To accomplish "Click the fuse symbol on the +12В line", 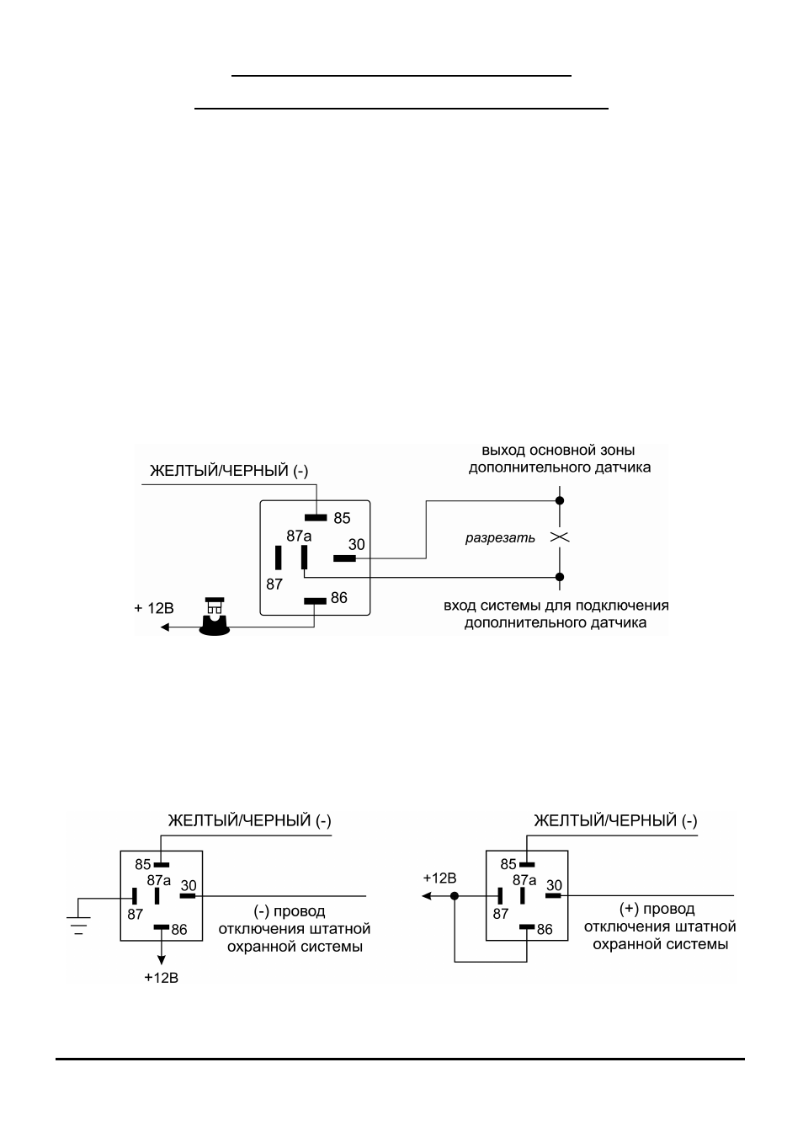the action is click(x=215, y=617).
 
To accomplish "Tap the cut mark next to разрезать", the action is click(x=560, y=537).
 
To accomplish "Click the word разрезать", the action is click(x=500, y=538).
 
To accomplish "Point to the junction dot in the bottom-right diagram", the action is click(x=455, y=896).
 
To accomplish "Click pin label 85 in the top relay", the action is click(x=342, y=518).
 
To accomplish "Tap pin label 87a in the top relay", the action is click(x=299, y=536).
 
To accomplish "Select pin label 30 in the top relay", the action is click(x=357, y=545).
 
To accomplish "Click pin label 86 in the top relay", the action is click(x=339, y=598).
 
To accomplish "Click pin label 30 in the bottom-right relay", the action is click(x=554, y=885).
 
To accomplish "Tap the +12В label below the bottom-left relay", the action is click(x=162, y=977).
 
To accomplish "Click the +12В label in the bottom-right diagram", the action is click(x=440, y=878).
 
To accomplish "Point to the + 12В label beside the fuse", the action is click(x=154, y=608).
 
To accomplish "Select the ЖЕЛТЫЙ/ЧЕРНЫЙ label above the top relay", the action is click(x=229, y=471).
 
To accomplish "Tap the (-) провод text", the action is click(x=290, y=911).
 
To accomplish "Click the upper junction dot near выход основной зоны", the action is click(x=560, y=500).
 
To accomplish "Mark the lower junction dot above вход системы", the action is click(x=560, y=577).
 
